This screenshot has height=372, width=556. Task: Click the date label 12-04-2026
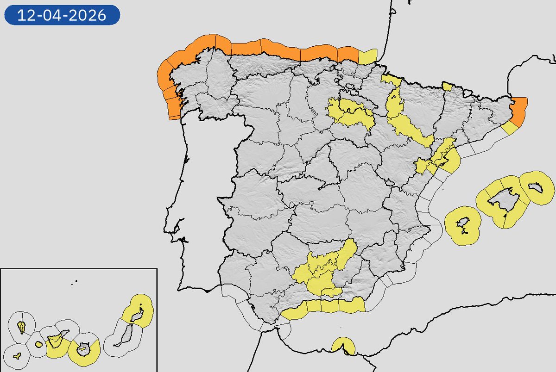coord(62,15)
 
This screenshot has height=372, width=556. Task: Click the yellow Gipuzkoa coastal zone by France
coord(367,56)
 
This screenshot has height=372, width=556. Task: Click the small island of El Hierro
coord(17,356)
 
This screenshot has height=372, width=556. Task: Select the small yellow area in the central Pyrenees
coord(447,87)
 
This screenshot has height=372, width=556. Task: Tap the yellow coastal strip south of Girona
coord(510,128)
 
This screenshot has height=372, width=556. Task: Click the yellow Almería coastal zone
coord(352,305)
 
